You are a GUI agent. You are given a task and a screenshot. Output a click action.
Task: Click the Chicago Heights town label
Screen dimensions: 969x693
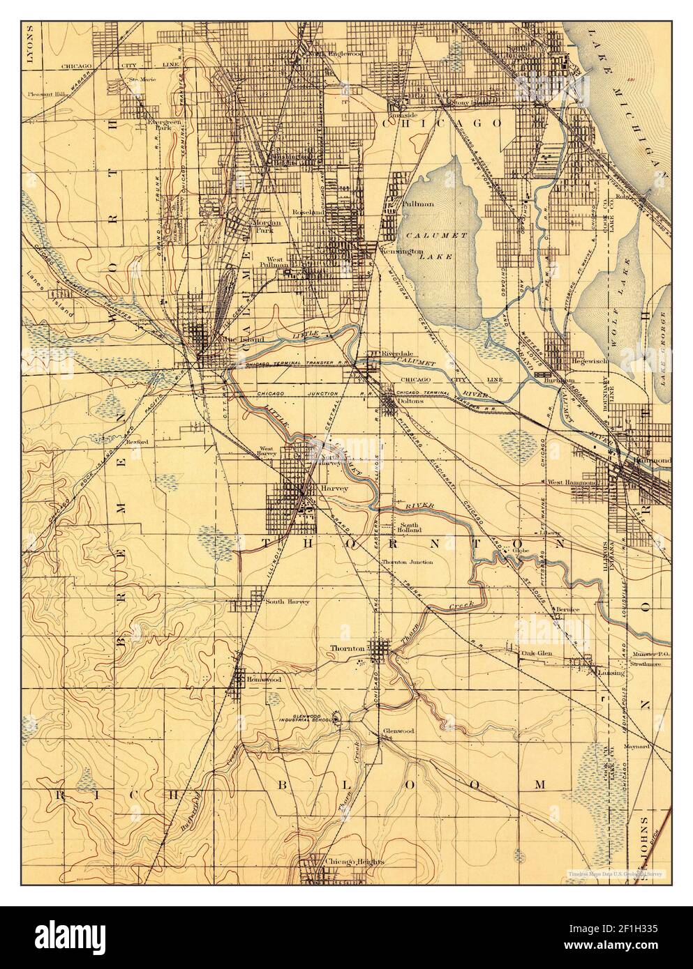pos(355,862)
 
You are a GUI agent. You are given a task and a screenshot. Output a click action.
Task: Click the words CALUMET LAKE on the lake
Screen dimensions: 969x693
pos(438,246)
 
